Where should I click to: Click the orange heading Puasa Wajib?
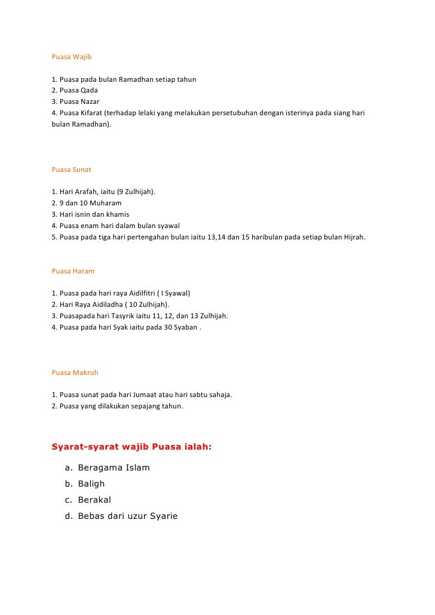click(x=71, y=57)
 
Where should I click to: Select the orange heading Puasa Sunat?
click(x=71, y=170)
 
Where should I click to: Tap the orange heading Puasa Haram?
click(x=73, y=270)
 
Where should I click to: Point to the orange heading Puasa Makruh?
click(x=75, y=372)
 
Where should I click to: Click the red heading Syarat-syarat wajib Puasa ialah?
click(x=131, y=445)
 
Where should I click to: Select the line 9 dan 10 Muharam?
click(x=87, y=203)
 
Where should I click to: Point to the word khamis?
click(x=117, y=214)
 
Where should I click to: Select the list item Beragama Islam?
click(x=114, y=468)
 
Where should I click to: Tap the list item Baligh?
click(x=91, y=484)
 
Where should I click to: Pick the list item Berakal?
click(x=94, y=500)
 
